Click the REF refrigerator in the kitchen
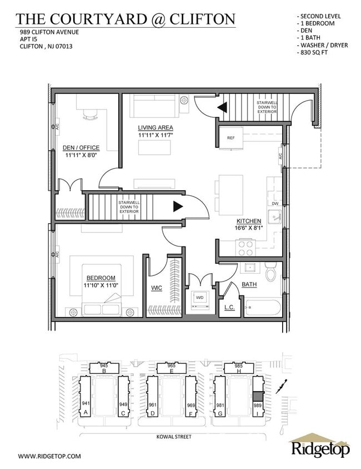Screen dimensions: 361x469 coord(231,137)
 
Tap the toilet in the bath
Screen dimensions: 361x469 coord(271,272)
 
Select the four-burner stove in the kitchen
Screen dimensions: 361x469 coord(245,248)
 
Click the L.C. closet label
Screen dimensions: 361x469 coord(229,307)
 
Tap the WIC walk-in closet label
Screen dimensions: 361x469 coord(157,288)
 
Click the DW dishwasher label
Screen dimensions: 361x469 coord(275,204)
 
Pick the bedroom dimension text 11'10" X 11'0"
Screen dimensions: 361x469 coord(101,285)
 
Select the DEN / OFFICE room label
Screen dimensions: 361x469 coord(81,147)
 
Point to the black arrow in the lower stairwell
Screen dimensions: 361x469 coord(178,206)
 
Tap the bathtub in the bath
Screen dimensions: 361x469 coord(263,308)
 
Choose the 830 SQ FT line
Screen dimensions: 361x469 coord(312,52)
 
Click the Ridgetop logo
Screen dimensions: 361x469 coord(320,447)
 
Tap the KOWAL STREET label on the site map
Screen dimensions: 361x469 coord(174,437)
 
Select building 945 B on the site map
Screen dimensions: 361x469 coord(104,368)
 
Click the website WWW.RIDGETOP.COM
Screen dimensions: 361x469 coord(49,456)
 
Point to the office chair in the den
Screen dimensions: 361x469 coord(90,113)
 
